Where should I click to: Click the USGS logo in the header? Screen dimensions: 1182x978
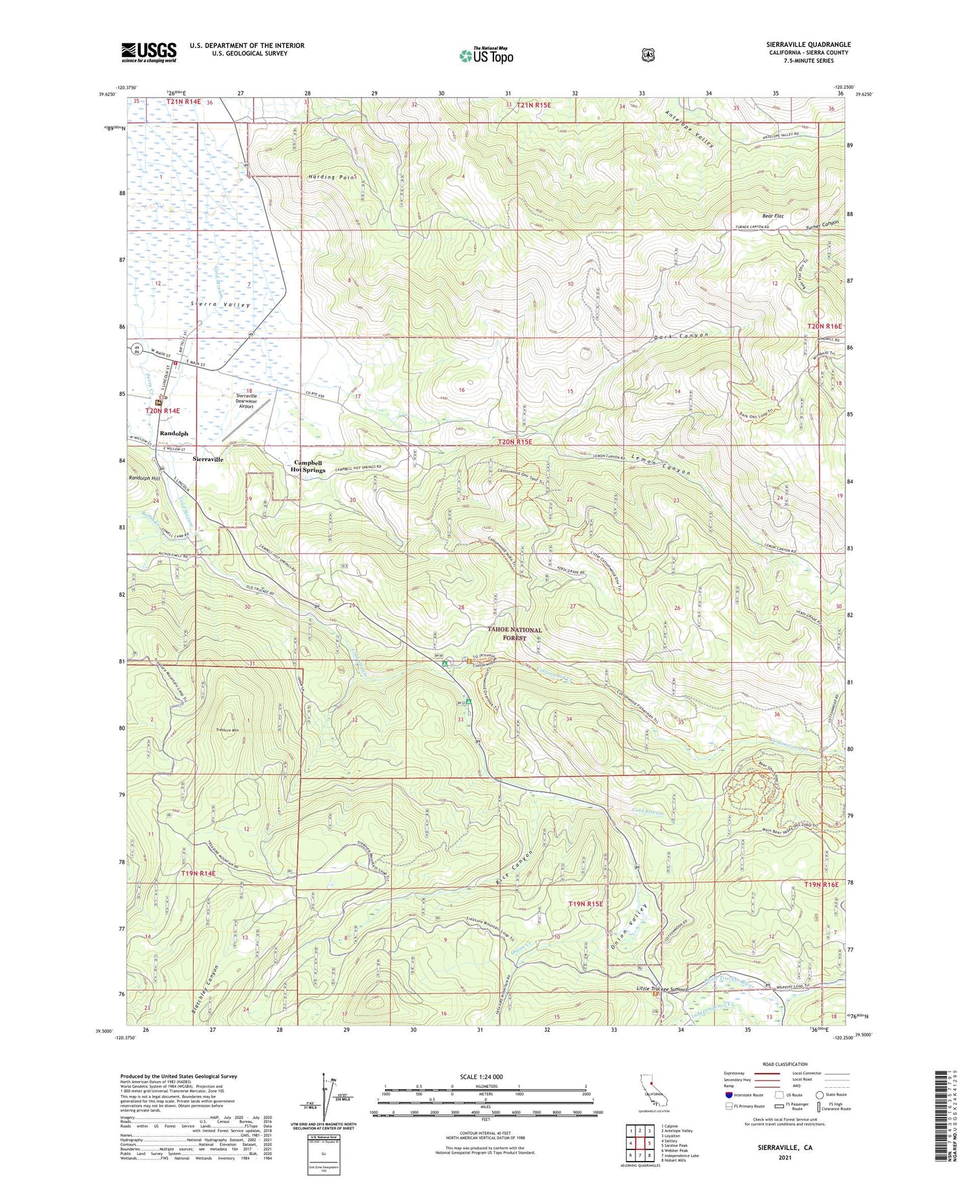click(x=149, y=52)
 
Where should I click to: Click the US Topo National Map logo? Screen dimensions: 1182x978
click(x=485, y=56)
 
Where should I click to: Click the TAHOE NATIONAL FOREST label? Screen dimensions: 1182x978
click(x=515, y=633)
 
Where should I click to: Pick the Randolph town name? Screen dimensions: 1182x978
click(x=173, y=433)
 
